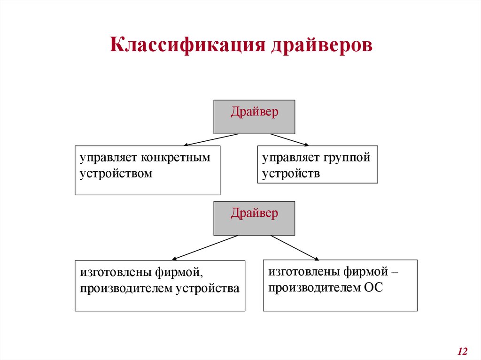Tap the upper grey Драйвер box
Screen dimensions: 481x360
[254, 117]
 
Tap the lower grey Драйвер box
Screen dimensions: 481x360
[254, 218]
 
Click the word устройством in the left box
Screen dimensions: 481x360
[116, 173]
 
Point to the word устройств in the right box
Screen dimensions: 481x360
[291, 173]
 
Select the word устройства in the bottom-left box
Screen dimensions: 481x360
[207, 288]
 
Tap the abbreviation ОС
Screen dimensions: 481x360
[374, 287]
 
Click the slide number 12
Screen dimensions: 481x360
[462, 351]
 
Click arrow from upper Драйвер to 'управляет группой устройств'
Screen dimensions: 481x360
[289, 140]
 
